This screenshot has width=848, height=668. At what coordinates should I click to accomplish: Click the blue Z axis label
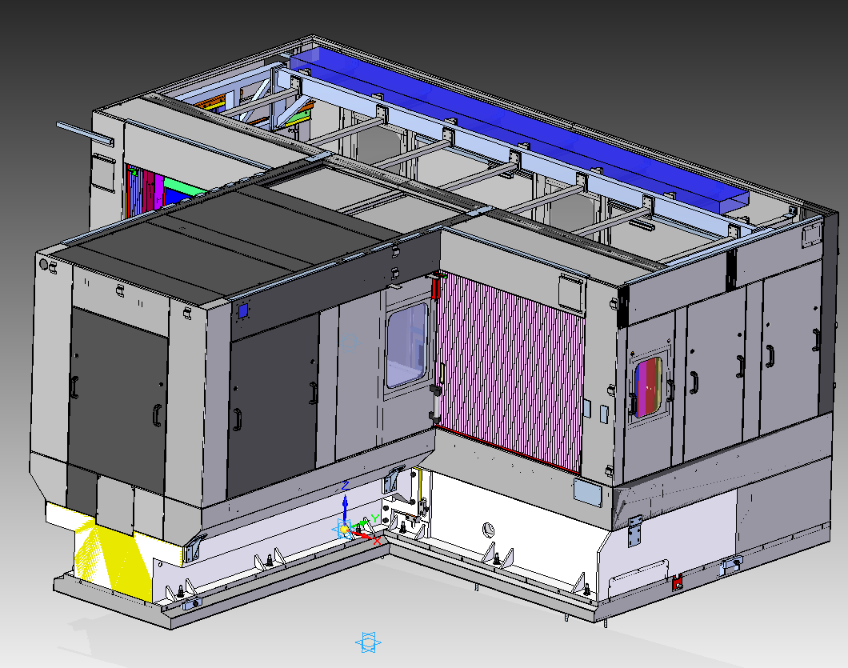(x=345, y=485)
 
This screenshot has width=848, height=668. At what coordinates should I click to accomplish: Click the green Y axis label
(x=374, y=519)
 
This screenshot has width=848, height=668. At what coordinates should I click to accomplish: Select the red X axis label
(x=377, y=540)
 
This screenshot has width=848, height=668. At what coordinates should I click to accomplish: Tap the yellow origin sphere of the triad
(x=344, y=529)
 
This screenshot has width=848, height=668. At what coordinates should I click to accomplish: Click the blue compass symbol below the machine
(x=368, y=642)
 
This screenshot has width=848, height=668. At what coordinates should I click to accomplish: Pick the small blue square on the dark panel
(x=243, y=310)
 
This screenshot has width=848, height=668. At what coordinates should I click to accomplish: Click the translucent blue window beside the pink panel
(x=406, y=346)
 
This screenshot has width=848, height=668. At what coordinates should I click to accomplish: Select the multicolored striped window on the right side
(x=648, y=387)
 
